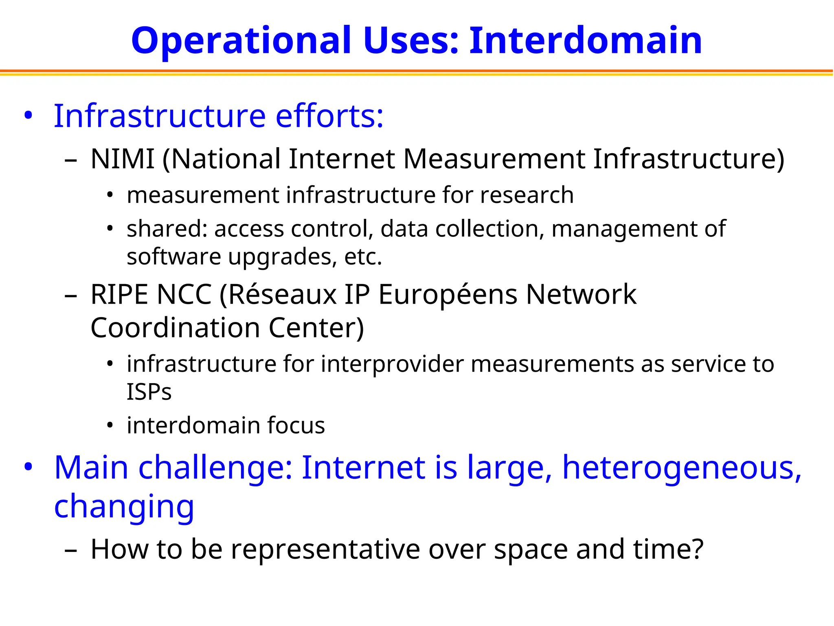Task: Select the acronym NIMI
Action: (122, 159)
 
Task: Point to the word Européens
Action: (448, 295)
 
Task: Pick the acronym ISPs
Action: (149, 392)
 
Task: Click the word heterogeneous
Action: (682, 468)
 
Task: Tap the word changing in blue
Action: (124, 507)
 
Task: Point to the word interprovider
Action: (393, 364)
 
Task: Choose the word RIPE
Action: (119, 294)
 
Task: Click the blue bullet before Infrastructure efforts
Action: (28, 116)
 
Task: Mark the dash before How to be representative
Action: (70, 550)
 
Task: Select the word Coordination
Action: (176, 328)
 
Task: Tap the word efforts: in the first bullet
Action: (329, 116)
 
